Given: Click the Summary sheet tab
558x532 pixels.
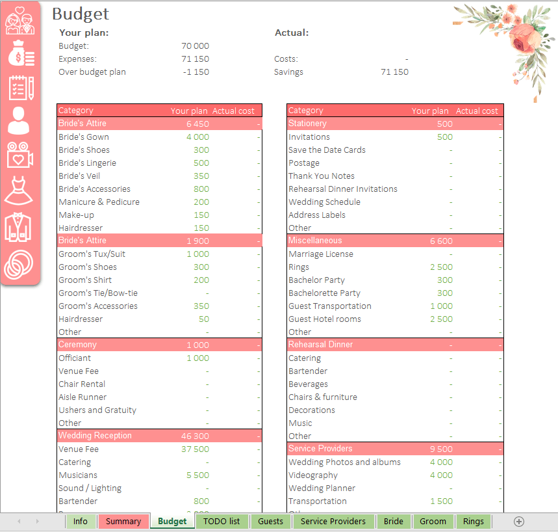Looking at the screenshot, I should (x=123, y=521).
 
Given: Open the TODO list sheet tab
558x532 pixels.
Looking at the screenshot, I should (x=222, y=521).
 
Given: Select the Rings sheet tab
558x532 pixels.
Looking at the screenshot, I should (x=473, y=521).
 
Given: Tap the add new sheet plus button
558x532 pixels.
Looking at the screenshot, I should (x=518, y=521).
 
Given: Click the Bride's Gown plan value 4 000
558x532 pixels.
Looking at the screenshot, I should (x=197, y=137).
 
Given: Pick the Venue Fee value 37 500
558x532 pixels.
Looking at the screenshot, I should (x=195, y=449).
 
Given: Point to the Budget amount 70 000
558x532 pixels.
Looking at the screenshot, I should (x=195, y=46).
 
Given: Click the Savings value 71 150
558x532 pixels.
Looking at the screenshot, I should (x=394, y=72).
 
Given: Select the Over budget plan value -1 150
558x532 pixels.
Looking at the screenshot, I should (x=196, y=72).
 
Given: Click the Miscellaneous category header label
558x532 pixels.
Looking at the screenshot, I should (x=315, y=241).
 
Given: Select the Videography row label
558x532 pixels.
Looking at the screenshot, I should (x=313, y=475).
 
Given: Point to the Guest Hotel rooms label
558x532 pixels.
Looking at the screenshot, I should (x=325, y=319).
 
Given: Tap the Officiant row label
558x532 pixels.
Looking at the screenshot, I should (x=75, y=358).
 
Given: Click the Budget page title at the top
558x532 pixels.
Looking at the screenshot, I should (x=81, y=14).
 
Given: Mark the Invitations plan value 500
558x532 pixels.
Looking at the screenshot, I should (x=444, y=137).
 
